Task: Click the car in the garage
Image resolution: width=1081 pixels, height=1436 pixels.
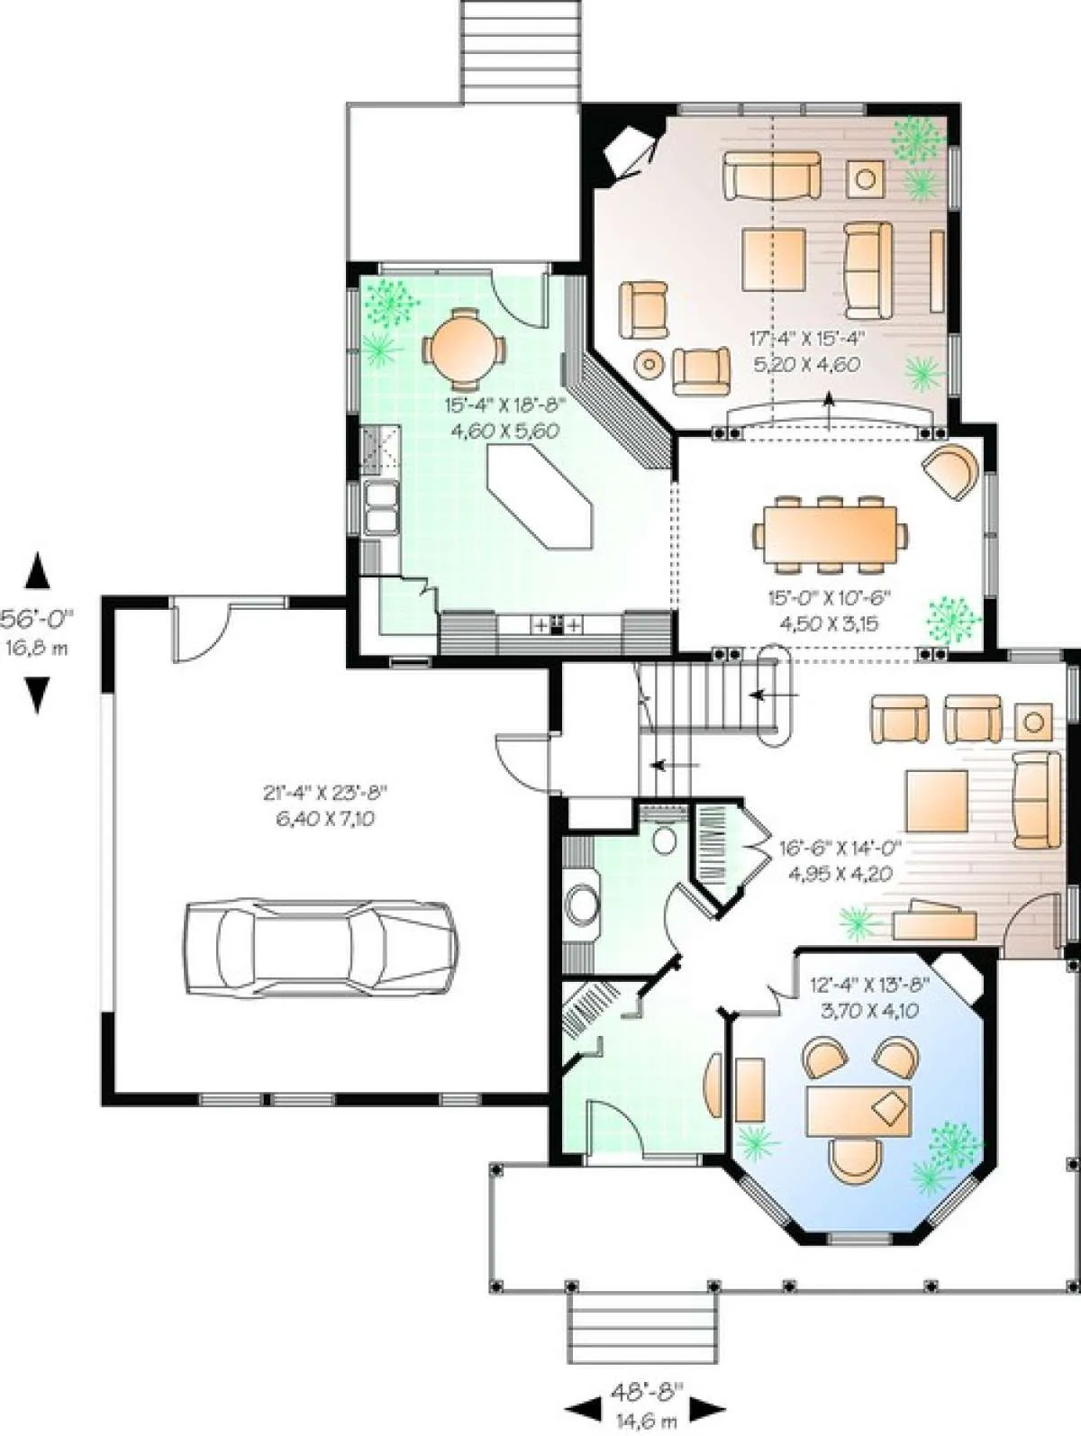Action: (x=320, y=948)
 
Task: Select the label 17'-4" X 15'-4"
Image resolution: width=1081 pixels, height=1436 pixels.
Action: (x=807, y=338)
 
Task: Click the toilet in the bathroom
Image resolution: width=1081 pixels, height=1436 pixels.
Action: (x=665, y=839)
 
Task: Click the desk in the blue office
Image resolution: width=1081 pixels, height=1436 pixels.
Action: (x=859, y=1112)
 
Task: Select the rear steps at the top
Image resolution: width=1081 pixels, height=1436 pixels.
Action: (x=522, y=51)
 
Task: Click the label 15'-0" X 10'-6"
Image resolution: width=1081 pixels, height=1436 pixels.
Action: (x=830, y=596)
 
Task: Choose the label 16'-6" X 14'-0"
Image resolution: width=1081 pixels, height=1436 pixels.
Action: (x=840, y=849)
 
